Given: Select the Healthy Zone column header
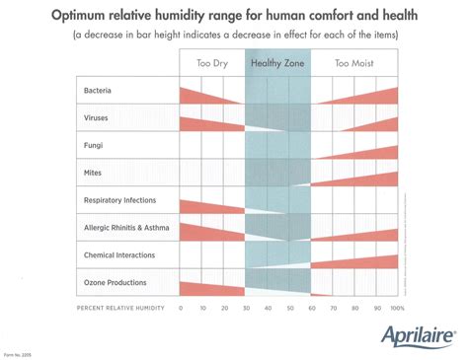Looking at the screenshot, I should click(x=276, y=63).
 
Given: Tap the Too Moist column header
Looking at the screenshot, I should click(x=353, y=63).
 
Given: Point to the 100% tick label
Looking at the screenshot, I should click(x=397, y=309).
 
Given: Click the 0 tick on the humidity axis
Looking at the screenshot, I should click(x=181, y=309).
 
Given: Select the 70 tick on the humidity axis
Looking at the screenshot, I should click(x=332, y=309).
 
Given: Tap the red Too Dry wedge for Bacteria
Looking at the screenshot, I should click(x=197, y=95).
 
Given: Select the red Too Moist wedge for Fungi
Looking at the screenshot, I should click(x=375, y=152).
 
